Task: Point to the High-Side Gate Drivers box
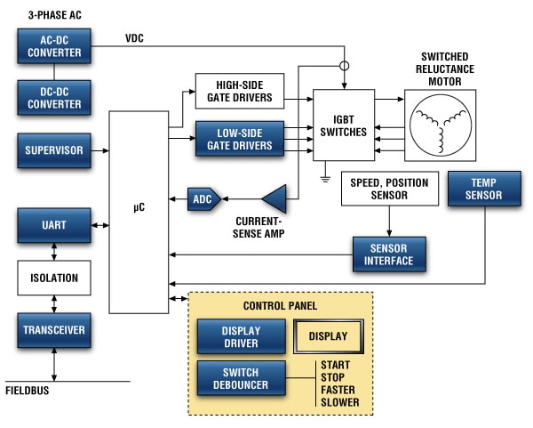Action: point(239,92)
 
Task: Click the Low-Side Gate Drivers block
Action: point(239,139)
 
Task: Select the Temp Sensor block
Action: point(484,188)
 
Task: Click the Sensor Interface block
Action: point(389,254)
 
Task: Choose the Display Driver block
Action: point(241,337)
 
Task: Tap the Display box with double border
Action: point(328,337)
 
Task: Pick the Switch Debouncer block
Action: point(241,378)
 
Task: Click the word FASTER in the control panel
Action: point(337,390)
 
